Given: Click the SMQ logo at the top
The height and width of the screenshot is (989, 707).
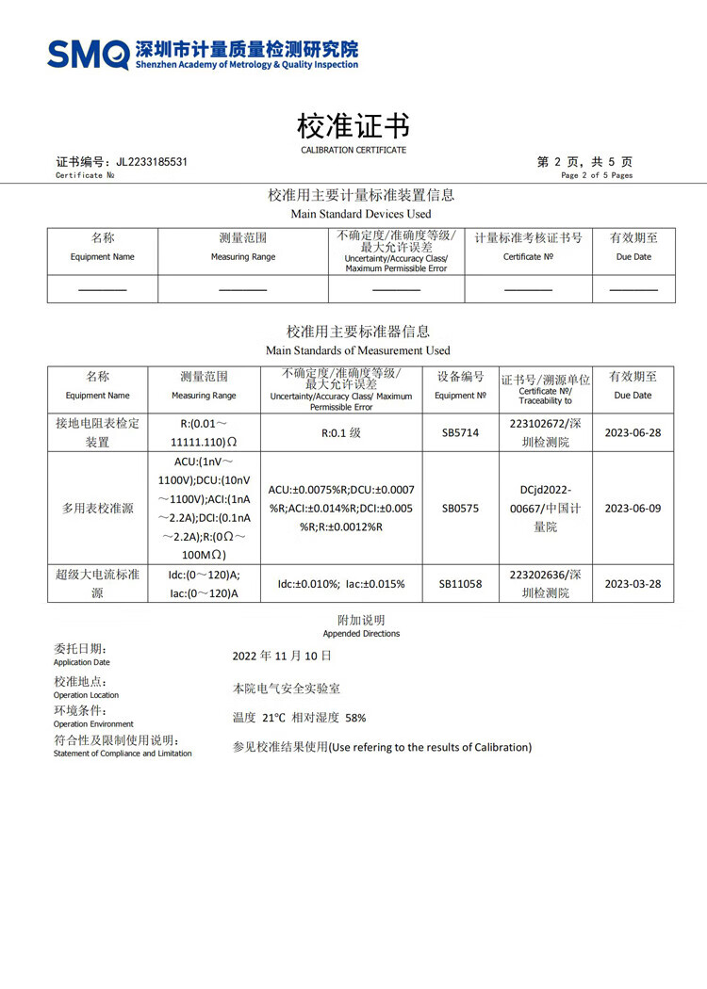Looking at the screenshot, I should click(89, 54).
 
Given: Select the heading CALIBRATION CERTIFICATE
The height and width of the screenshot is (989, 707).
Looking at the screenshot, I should click(353, 150).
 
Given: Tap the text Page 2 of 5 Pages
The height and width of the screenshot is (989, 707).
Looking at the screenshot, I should click(597, 175).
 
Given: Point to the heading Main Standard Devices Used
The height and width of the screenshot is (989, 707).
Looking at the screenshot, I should click(361, 214).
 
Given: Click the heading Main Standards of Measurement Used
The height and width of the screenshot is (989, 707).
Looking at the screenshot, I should click(358, 350).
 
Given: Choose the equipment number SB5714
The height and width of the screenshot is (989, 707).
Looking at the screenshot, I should click(460, 433).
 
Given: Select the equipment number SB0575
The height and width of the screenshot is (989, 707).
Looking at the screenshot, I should click(460, 508).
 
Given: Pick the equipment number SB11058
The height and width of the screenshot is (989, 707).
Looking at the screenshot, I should click(460, 584).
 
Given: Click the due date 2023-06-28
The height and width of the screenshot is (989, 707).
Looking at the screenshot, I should click(633, 433).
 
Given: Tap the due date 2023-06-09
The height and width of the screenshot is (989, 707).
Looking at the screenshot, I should click(633, 508).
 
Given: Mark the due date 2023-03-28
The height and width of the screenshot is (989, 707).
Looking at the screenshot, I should click(633, 584).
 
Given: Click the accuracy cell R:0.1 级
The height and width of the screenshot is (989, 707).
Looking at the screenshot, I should click(341, 433).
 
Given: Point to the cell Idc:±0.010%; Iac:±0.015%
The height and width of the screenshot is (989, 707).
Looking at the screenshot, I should click(341, 584).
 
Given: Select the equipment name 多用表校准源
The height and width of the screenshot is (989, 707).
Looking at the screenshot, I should click(97, 508).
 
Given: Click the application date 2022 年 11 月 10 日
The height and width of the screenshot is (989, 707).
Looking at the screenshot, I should click(282, 656).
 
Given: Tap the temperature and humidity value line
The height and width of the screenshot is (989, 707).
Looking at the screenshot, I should click(299, 718).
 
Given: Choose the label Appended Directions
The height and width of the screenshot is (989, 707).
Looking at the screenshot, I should click(361, 634).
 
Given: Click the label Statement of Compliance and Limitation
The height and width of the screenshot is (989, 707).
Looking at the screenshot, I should click(123, 754).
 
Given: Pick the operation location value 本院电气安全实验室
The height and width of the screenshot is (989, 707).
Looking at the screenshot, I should click(287, 689).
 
